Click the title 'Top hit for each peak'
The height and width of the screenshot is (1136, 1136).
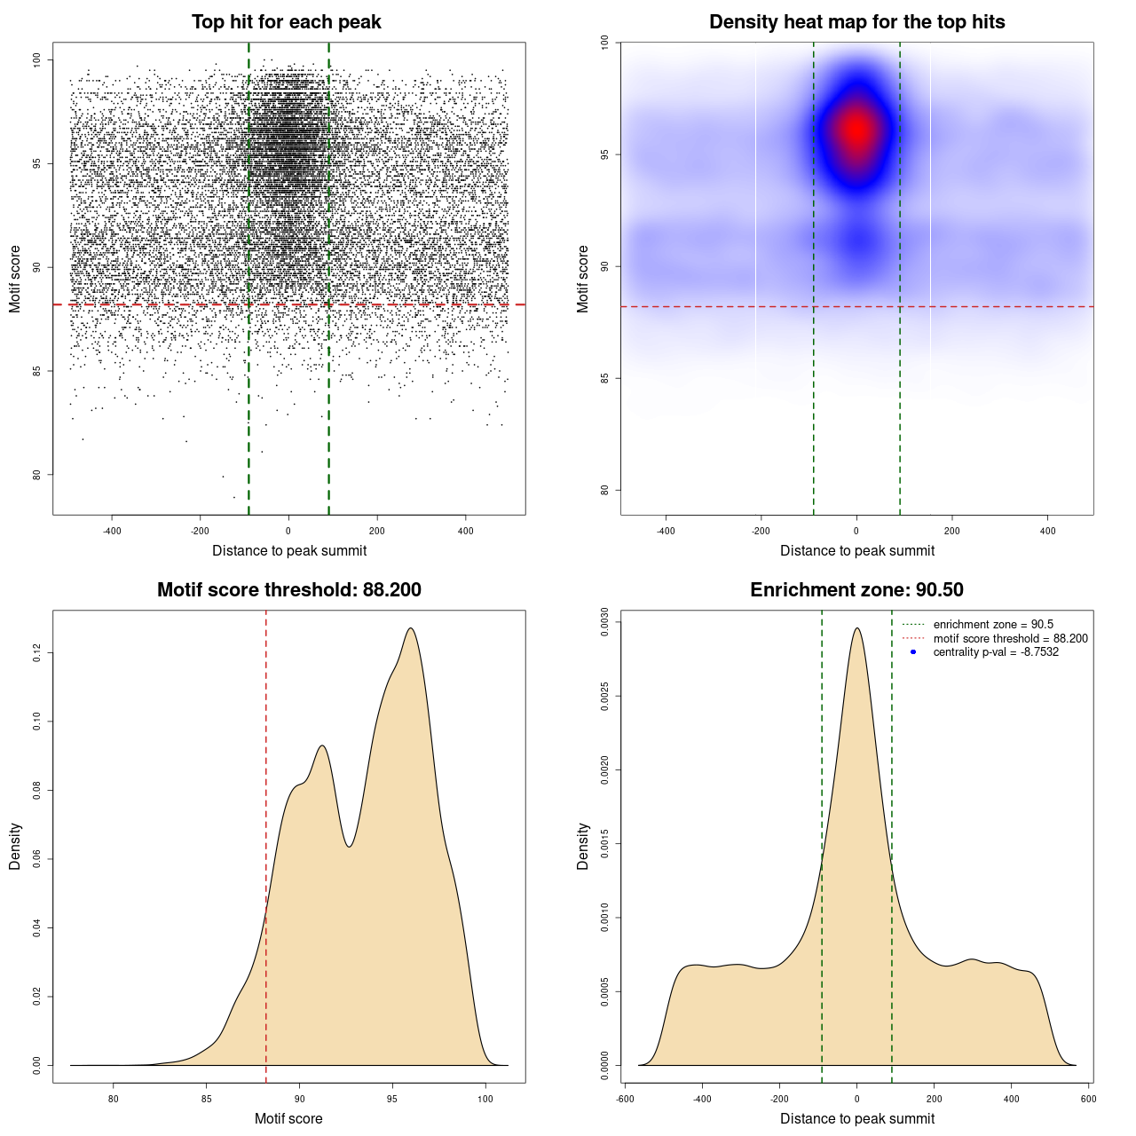pos(286,22)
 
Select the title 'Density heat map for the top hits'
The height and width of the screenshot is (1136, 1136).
pos(856,22)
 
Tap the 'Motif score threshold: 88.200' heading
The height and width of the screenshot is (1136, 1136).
pos(288,590)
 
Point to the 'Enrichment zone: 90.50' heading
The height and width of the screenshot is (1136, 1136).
pos(856,590)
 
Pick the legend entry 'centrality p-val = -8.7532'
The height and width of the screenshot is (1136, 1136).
pos(996,652)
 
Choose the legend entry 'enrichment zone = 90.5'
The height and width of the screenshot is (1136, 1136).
pos(993,625)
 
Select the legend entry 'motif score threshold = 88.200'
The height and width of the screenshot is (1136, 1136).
pos(1010,639)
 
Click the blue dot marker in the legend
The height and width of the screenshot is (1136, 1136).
pos(913,652)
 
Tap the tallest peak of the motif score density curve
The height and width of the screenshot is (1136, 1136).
pos(410,628)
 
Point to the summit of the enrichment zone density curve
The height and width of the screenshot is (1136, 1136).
pos(856,628)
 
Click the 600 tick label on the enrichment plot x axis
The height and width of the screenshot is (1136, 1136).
pos(1088,1099)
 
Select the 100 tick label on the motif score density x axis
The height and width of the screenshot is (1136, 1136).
pos(485,1099)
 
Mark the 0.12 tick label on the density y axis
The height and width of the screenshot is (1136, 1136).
pos(36,653)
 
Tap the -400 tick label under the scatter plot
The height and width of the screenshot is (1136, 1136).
pos(112,531)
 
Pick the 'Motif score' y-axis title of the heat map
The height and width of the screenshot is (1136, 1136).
pos(583,279)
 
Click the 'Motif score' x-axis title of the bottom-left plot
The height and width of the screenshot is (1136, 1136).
pos(288,1118)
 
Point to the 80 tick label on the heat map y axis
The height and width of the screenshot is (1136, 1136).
pos(604,490)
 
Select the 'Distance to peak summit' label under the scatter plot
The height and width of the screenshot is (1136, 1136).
pos(289,550)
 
